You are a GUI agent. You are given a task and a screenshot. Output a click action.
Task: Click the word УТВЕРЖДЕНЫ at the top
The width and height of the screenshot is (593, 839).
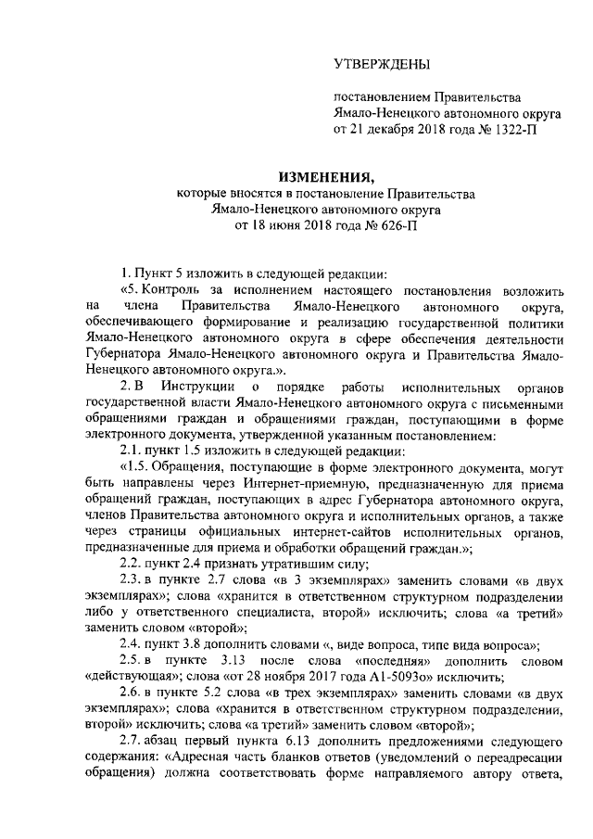382,65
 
